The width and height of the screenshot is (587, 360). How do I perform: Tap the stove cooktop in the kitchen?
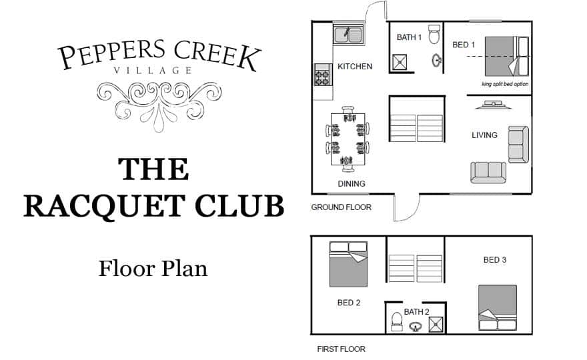coord(323,74)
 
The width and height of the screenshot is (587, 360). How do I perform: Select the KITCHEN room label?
coord(355,67)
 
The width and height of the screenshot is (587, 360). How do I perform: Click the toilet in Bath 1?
coord(434,33)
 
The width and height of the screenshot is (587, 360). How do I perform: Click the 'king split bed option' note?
coord(504,84)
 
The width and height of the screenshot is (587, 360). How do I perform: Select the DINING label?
coord(352,183)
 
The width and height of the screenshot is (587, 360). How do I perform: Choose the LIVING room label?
coord(484,135)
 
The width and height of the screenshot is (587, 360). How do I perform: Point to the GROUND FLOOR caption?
coord(341,207)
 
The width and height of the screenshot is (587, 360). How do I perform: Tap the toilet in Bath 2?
coord(396,321)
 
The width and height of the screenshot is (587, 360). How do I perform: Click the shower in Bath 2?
coord(436,324)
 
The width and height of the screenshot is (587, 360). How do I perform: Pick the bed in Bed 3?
coord(497,307)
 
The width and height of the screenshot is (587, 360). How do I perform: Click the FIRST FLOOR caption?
coord(341,349)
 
